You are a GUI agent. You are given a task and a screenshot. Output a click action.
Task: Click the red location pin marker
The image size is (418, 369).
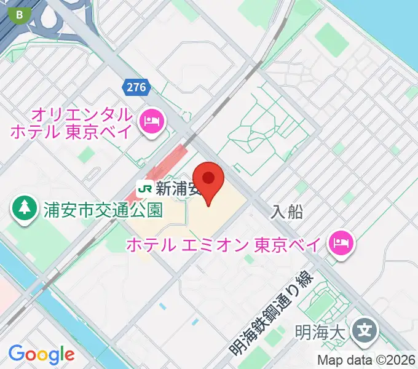[x=210, y=180]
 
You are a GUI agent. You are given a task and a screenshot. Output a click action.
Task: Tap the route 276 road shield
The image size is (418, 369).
[x=137, y=87]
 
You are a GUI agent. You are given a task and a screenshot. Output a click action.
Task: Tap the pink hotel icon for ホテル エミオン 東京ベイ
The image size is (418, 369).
[x=340, y=244]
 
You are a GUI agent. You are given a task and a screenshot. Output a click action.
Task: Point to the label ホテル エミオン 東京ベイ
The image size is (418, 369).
[x=223, y=245]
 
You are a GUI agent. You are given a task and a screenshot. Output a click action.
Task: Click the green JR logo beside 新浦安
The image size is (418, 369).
[x=145, y=188]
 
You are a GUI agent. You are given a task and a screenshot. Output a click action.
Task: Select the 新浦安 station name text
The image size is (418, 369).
[x=178, y=188]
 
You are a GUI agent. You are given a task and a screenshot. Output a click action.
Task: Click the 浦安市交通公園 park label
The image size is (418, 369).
[x=103, y=210]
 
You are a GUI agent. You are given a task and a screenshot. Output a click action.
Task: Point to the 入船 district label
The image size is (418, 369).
[x=286, y=212]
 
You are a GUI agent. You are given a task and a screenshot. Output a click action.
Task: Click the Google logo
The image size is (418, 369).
[x=41, y=354]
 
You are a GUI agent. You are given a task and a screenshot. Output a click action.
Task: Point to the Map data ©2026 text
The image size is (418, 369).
[x=366, y=360]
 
